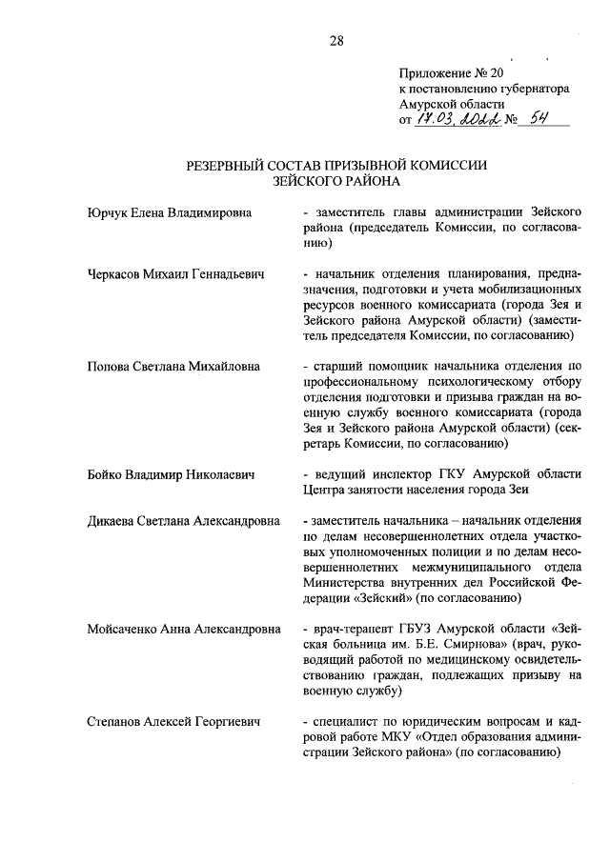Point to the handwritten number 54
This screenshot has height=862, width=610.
tap(538, 118)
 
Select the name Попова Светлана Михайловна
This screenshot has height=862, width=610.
tap(172, 366)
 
